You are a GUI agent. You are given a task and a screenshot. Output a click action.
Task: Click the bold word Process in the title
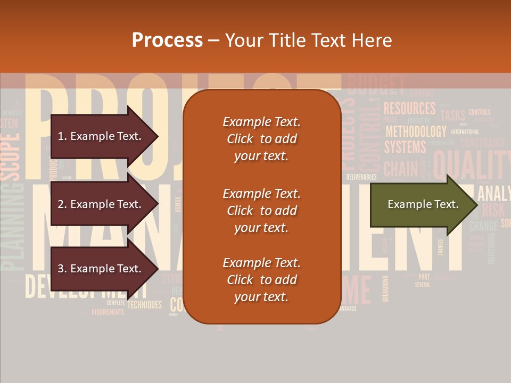(167, 40)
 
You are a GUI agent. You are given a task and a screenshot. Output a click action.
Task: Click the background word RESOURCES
(409, 109)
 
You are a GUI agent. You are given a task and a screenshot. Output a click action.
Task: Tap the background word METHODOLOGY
(416, 131)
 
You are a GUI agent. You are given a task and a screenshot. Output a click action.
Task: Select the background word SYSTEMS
(405, 146)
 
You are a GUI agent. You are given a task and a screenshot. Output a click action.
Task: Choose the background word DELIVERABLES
(361, 177)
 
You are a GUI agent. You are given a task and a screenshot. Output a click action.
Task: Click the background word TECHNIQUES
(144, 305)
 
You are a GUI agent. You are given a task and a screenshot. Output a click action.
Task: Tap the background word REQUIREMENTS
(108, 312)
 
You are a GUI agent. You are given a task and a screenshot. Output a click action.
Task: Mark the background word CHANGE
(483, 226)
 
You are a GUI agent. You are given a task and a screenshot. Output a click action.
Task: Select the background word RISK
(493, 210)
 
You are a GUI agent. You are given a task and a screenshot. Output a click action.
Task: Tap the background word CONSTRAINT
(482, 143)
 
